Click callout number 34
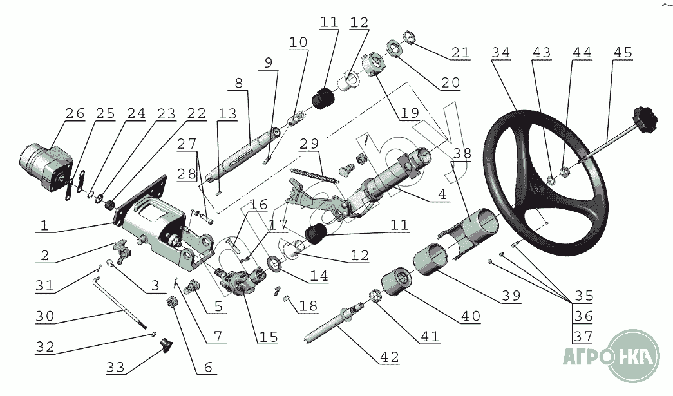point(500,53)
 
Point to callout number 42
point(389,357)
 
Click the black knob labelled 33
point(168,346)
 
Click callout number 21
point(460,53)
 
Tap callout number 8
point(238,83)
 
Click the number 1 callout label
point(44,226)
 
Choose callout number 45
point(623,53)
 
